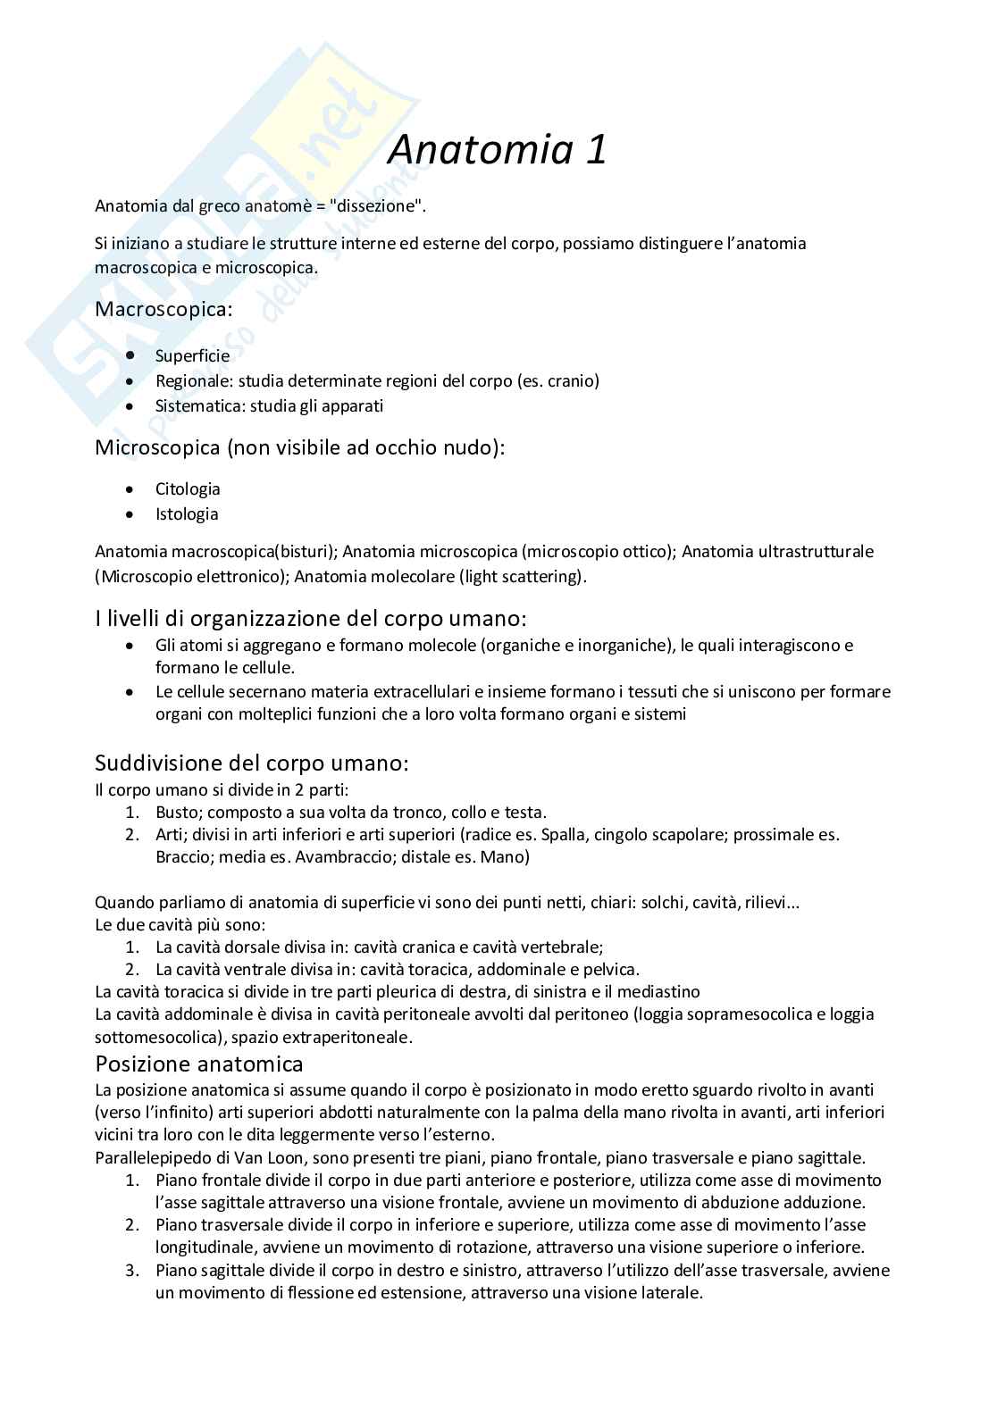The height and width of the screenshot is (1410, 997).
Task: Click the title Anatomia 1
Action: pos(498,149)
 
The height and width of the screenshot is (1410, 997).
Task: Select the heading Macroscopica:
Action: pos(163,309)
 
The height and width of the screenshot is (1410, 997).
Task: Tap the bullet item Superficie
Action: pos(192,355)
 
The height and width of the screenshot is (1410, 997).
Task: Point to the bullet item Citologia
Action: pos(188,488)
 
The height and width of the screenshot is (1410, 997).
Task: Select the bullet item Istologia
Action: pos(187,513)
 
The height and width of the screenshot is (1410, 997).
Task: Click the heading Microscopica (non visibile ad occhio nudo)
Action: pos(299,446)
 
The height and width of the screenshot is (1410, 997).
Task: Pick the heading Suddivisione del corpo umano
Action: pos(252,763)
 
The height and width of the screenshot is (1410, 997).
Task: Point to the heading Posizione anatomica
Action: pos(198,1064)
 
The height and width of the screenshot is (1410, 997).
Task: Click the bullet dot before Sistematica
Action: pos(131,405)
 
